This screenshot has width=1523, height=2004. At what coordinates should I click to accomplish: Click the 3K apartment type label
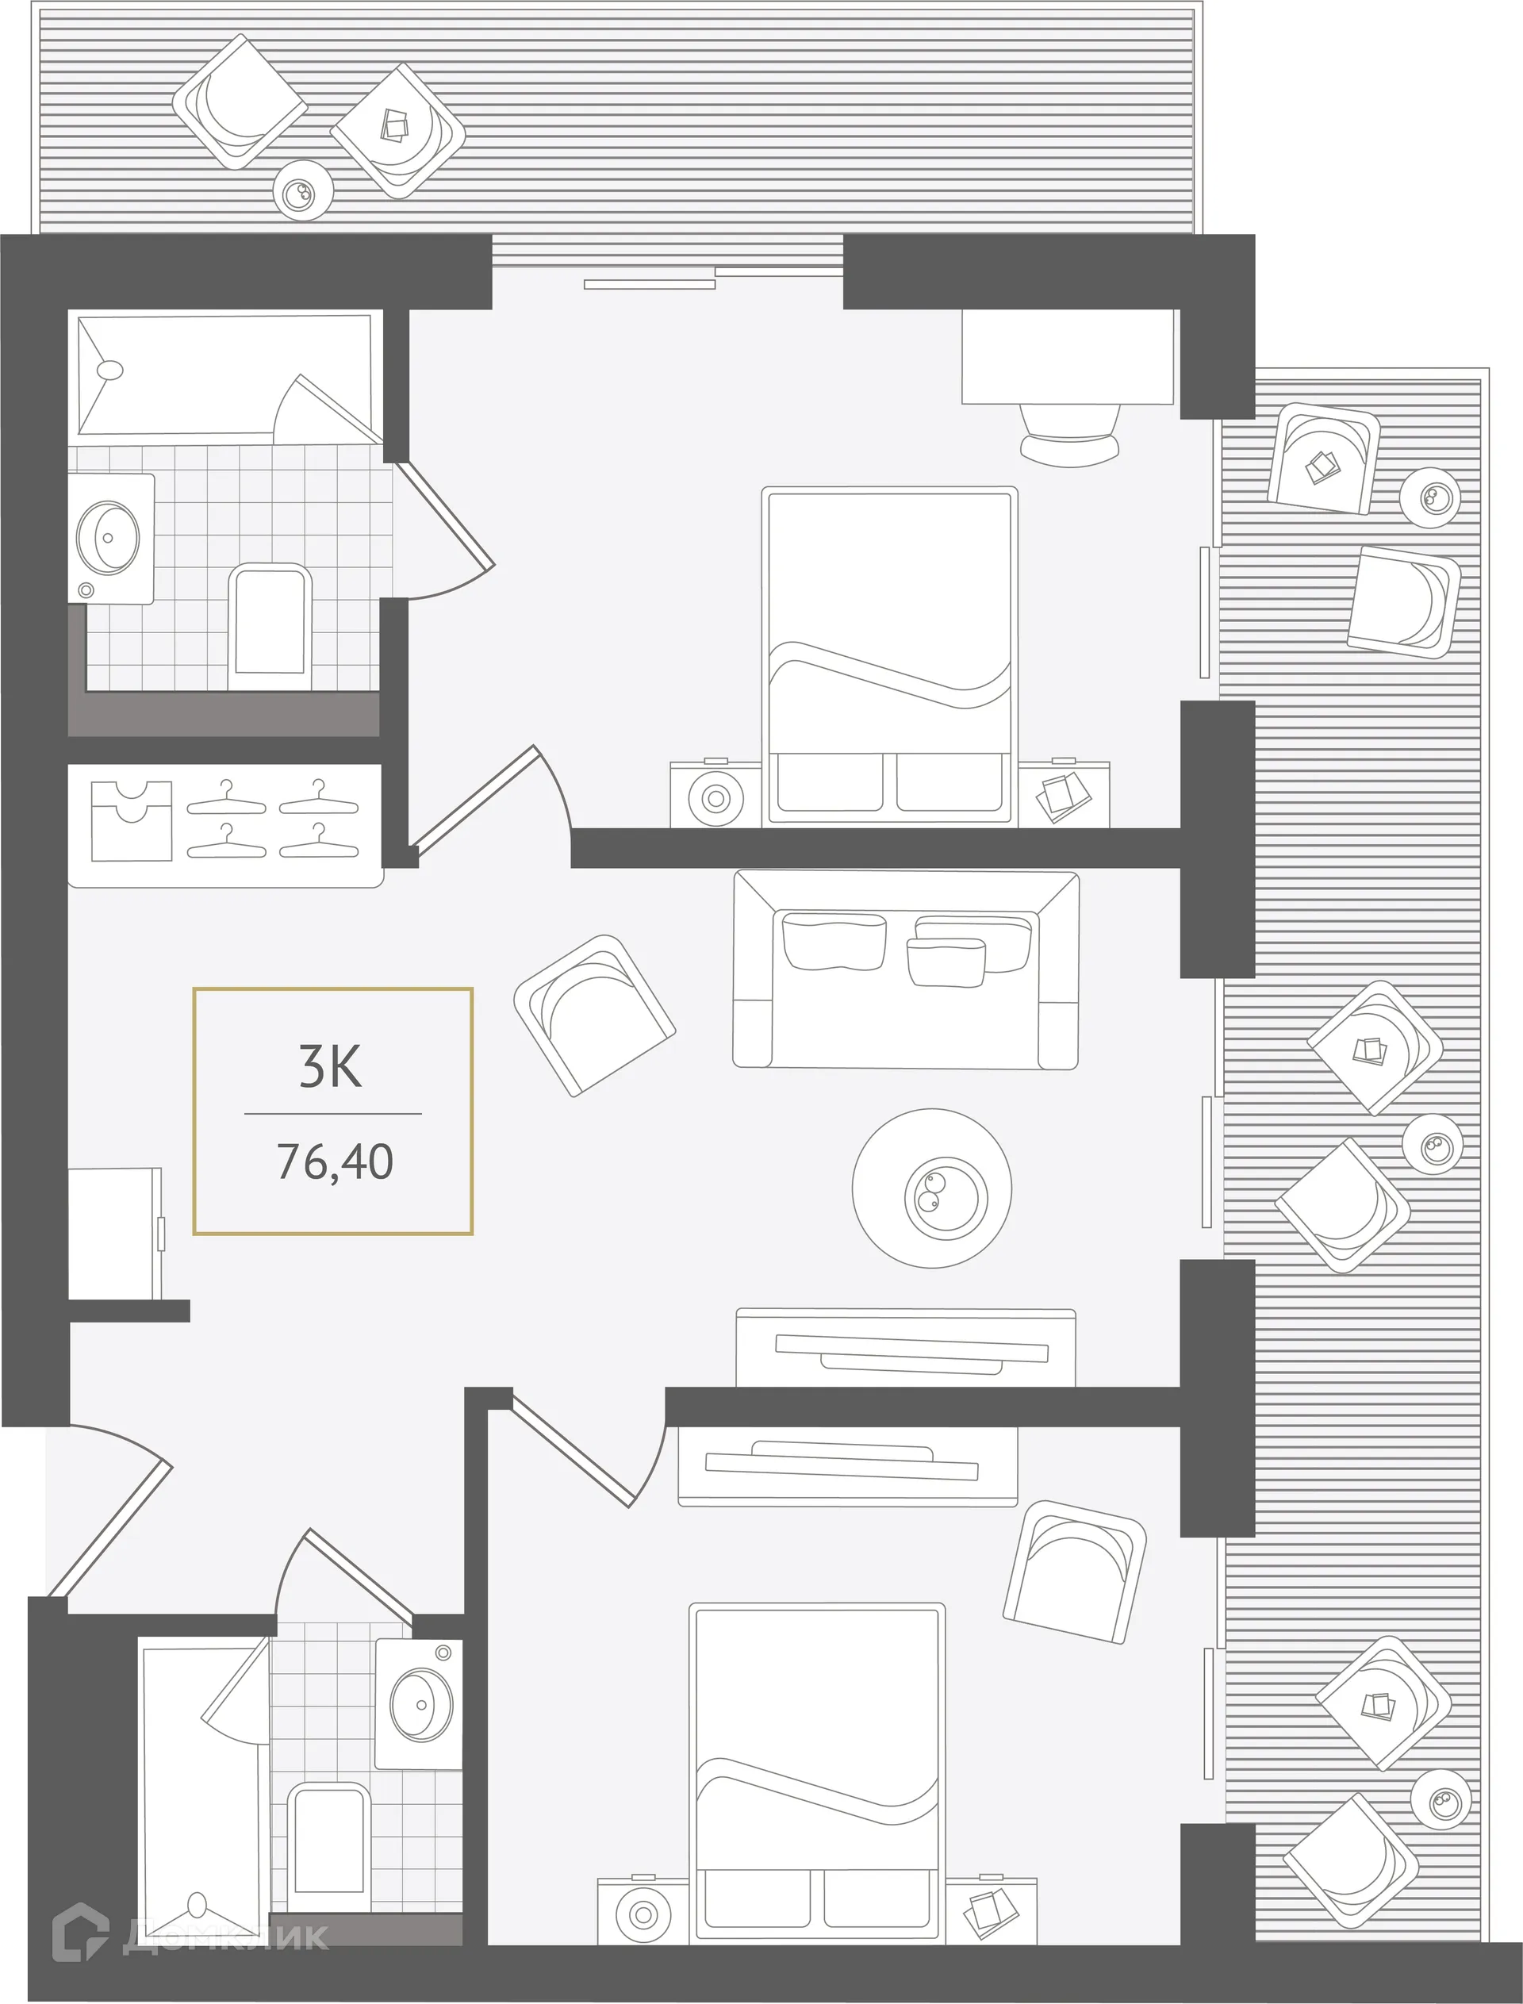(x=331, y=1067)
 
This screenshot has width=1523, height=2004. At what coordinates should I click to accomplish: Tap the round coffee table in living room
(x=931, y=1188)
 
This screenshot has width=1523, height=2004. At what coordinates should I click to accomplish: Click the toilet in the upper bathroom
(x=269, y=626)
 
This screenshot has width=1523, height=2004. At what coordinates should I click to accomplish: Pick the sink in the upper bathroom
(x=109, y=537)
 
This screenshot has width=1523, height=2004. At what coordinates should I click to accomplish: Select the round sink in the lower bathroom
(x=420, y=1705)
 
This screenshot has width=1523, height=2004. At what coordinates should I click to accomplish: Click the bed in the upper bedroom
(x=888, y=655)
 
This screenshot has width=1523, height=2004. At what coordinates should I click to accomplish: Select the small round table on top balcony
(x=303, y=190)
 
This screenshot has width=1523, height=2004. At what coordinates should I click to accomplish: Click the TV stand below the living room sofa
(x=905, y=1349)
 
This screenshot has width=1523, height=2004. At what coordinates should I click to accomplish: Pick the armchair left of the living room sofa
(x=594, y=1015)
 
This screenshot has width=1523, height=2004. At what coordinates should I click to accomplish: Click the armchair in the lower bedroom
(x=1074, y=1573)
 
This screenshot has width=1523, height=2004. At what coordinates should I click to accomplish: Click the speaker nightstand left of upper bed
(x=715, y=797)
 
